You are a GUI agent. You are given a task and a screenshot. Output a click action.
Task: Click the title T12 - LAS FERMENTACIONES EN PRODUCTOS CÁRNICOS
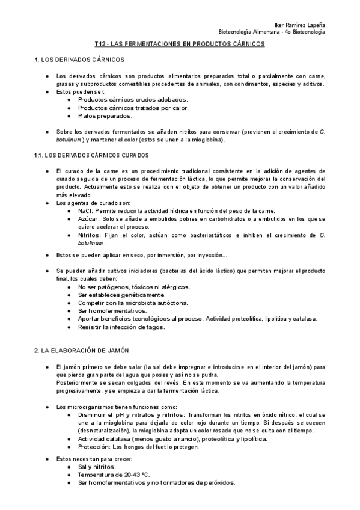tap(180, 45)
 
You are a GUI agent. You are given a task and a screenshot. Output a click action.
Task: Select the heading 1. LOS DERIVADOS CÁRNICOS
tap(79, 61)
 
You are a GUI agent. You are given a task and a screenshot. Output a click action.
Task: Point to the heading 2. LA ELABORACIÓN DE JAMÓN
tap(82, 351)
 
